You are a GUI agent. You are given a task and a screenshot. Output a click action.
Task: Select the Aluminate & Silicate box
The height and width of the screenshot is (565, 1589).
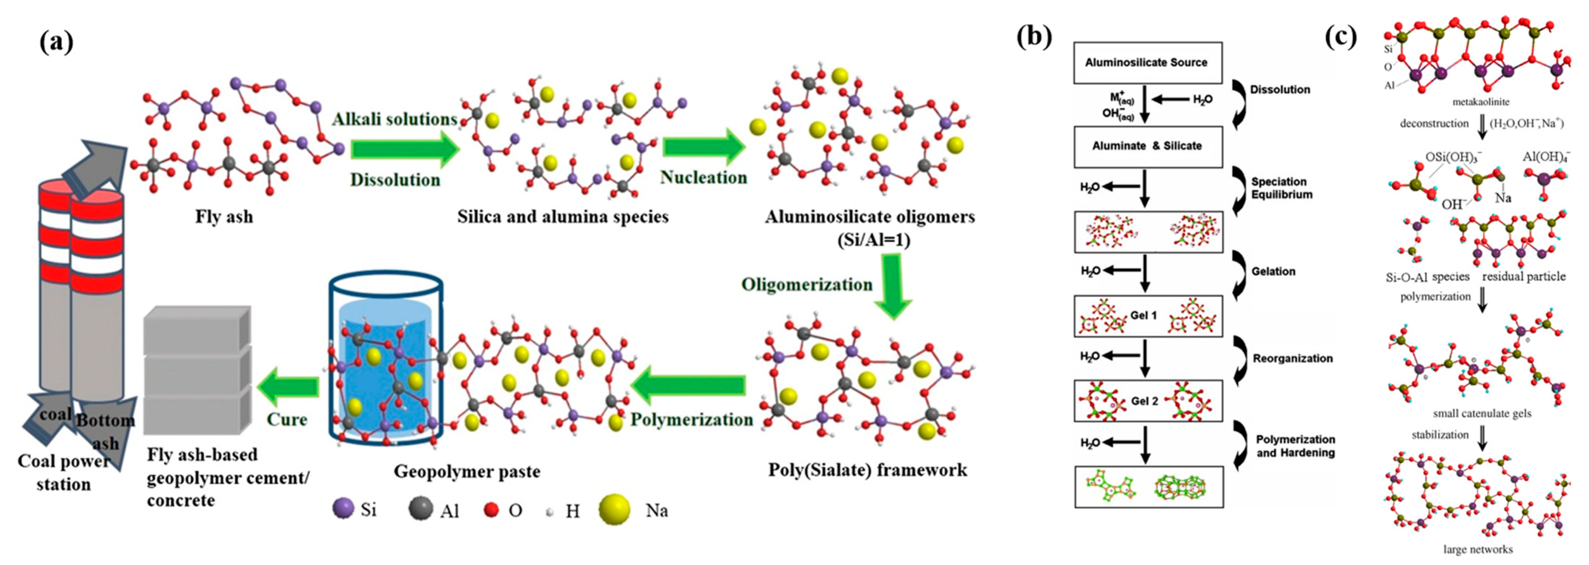click(1147, 146)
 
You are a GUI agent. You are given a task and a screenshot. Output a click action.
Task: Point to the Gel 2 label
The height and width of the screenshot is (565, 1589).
click(1144, 401)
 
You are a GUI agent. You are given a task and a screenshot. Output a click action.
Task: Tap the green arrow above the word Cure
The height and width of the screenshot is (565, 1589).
click(288, 387)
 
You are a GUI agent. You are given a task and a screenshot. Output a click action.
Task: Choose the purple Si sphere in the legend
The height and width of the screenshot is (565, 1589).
click(343, 509)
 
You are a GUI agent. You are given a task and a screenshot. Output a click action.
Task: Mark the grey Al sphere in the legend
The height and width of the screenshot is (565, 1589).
click(420, 509)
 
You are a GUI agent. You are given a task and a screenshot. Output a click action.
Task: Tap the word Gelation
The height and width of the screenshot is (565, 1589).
click(1273, 271)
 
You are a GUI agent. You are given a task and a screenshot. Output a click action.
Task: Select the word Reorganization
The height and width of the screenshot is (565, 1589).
click(1292, 358)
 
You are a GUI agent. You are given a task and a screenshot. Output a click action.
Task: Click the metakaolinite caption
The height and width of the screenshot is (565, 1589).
click(1480, 101)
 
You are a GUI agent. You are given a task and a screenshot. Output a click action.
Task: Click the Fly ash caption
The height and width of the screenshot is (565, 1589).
click(224, 217)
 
